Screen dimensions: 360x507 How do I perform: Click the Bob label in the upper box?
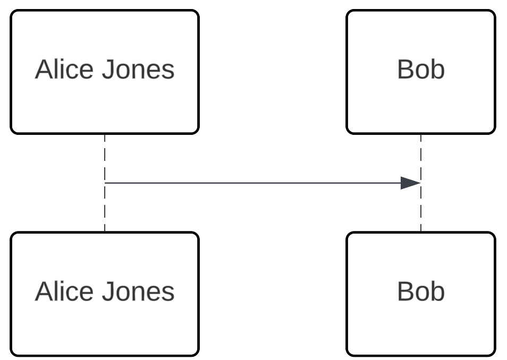pyautogui.click(x=420, y=70)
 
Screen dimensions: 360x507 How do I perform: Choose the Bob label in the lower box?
pyautogui.click(x=420, y=292)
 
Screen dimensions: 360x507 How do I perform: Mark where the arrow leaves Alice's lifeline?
pyautogui.click(x=106, y=183)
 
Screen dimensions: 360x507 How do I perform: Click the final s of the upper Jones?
pyautogui.click(x=169, y=72)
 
